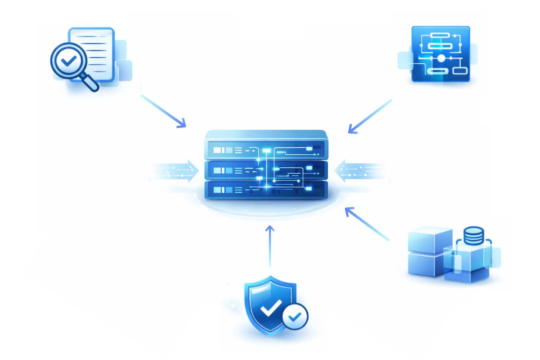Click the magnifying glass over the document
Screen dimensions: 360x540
[x=69, y=61]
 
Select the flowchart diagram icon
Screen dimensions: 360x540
[x=441, y=54]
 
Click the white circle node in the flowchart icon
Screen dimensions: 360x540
[x=441, y=58]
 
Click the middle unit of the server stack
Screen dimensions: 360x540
[x=266, y=171]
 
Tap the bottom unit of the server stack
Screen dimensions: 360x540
[x=266, y=190]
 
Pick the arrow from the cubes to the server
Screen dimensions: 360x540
[x=367, y=224]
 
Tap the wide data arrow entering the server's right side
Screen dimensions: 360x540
[x=361, y=171]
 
